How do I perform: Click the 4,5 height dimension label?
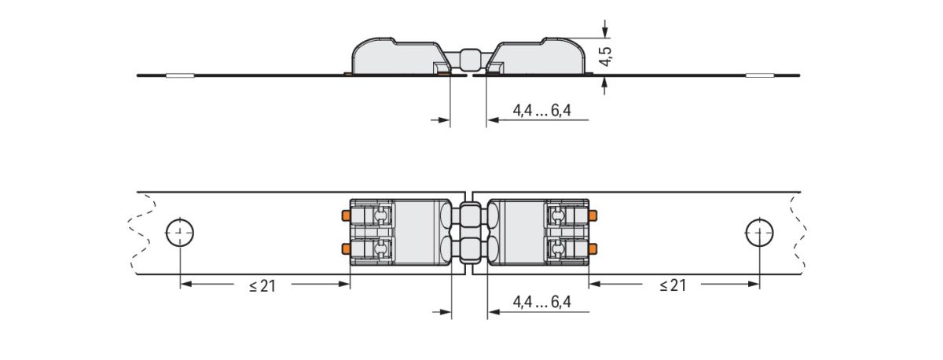[x=606, y=56]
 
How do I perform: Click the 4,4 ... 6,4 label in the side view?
[x=541, y=110]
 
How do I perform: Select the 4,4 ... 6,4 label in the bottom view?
[x=541, y=302]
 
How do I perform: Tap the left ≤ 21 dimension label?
[x=262, y=286]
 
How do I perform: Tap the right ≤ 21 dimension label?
[x=673, y=285]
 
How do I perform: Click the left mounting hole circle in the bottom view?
[x=180, y=233]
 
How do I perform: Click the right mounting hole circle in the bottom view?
[x=759, y=233]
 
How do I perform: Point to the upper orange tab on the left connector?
[x=346, y=215]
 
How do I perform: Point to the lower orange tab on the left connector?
[x=346, y=249]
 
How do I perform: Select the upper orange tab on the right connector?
[x=593, y=215]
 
